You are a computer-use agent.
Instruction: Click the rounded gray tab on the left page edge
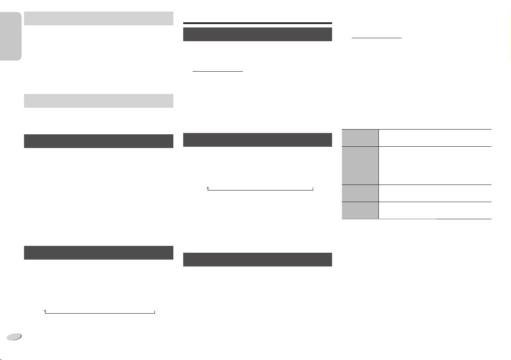coord(11,36)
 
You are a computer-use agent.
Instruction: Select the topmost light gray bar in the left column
coord(98,18)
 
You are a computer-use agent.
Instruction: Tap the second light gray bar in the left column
coord(98,100)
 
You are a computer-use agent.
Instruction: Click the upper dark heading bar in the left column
coord(98,141)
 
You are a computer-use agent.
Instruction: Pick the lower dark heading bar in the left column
coord(98,252)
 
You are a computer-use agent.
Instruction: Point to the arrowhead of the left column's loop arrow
coord(45,310)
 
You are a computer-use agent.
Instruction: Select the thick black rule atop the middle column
coord(257,23)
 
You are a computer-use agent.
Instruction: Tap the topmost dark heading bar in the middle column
coord(257,34)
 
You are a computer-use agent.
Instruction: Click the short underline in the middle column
coord(218,72)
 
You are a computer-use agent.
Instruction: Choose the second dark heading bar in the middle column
coord(257,140)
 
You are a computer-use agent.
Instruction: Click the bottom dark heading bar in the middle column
coord(257,260)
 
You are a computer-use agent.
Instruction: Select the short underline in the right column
coord(376,38)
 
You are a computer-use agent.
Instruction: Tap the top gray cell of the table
coord(360,137)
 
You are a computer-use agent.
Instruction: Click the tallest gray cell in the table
coord(360,165)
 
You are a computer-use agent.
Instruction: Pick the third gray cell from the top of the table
coord(360,193)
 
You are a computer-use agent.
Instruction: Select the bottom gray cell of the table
coord(360,210)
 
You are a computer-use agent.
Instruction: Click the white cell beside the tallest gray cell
coord(435,165)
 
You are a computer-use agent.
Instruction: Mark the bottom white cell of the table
coord(435,210)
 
